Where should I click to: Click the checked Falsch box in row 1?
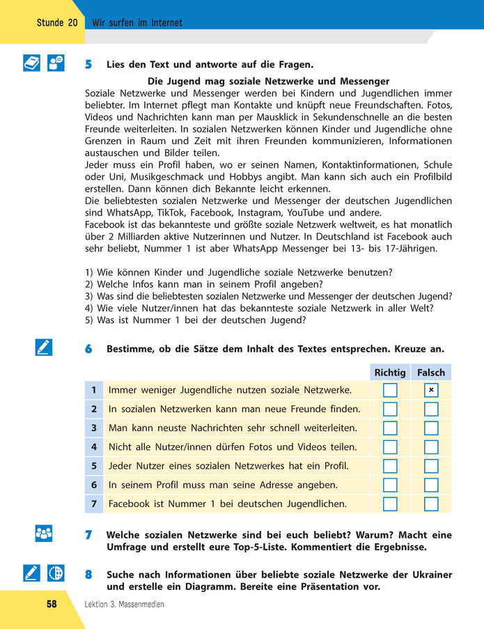[x=431, y=390]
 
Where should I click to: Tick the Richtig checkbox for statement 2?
[x=390, y=409]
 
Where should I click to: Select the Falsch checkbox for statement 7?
[x=431, y=503]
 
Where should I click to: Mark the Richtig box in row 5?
[x=390, y=465]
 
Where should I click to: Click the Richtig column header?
[x=390, y=373]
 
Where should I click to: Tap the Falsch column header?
[x=431, y=373]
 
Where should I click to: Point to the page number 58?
[x=52, y=604]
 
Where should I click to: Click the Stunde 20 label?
[x=57, y=23]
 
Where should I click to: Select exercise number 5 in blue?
[x=88, y=65]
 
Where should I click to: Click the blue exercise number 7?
[x=88, y=535]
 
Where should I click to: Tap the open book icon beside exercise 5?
[x=32, y=63]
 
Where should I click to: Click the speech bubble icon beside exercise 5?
[x=56, y=63]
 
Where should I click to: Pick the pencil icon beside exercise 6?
[x=43, y=347]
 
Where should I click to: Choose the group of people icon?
[x=43, y=534]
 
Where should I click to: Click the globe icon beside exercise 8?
[x=56, y=573]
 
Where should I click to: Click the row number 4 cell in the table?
[x=93, y=446]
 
